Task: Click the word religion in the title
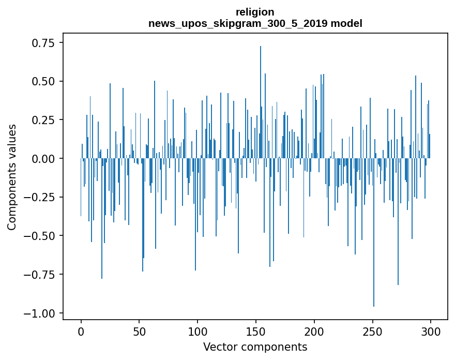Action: click(x=255, y=12)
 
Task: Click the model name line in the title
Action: click(x=255, y=23)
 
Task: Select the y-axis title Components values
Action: click(x=11, y=177)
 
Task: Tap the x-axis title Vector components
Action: click(x=255, y=347)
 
